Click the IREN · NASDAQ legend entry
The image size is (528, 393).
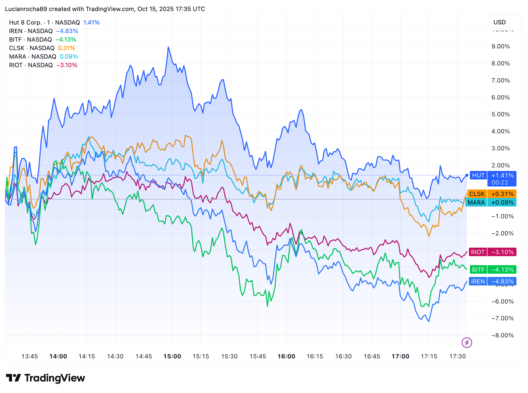pyautogui.click(x=31, y=31)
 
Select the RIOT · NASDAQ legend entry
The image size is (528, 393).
pyautogui.click(x=31, y=65)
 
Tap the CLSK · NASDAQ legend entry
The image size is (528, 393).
pyautogui.click(x=32, y=48)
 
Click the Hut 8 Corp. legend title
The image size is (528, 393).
pyautogui.click(x=25, y=23)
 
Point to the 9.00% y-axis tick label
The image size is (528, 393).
pyautogui.click(x=500, y=46)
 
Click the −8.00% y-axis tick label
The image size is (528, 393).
pyautogui.click(x=502, y=335)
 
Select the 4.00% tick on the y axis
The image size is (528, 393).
pyautogui.click(x=500, y=131)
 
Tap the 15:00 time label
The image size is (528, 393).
pyautogui.click(x=172, y=356)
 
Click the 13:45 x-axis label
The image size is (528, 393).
pyautogui.click(x=30, y=356)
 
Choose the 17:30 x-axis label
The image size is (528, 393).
pyautogui.click(x=457, y=356)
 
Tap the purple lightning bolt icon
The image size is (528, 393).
pyautogui.click(x=467, y=343)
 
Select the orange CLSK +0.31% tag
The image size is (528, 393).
pyautogui.click(x=491, y=194)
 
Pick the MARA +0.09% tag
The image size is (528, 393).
pyautogui.click(x=491, y=203)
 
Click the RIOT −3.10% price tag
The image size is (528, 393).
pyautogui.click(x=492, y=252)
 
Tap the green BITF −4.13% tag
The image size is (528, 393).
pyautogui.click(x=493, y=270)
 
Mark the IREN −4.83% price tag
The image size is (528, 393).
pyautogui.click(x=492, y=281)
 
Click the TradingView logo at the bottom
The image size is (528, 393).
pyautogui.click(x=45, y=378)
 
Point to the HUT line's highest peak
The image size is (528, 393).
pyautogui.click(x=168, y=47)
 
